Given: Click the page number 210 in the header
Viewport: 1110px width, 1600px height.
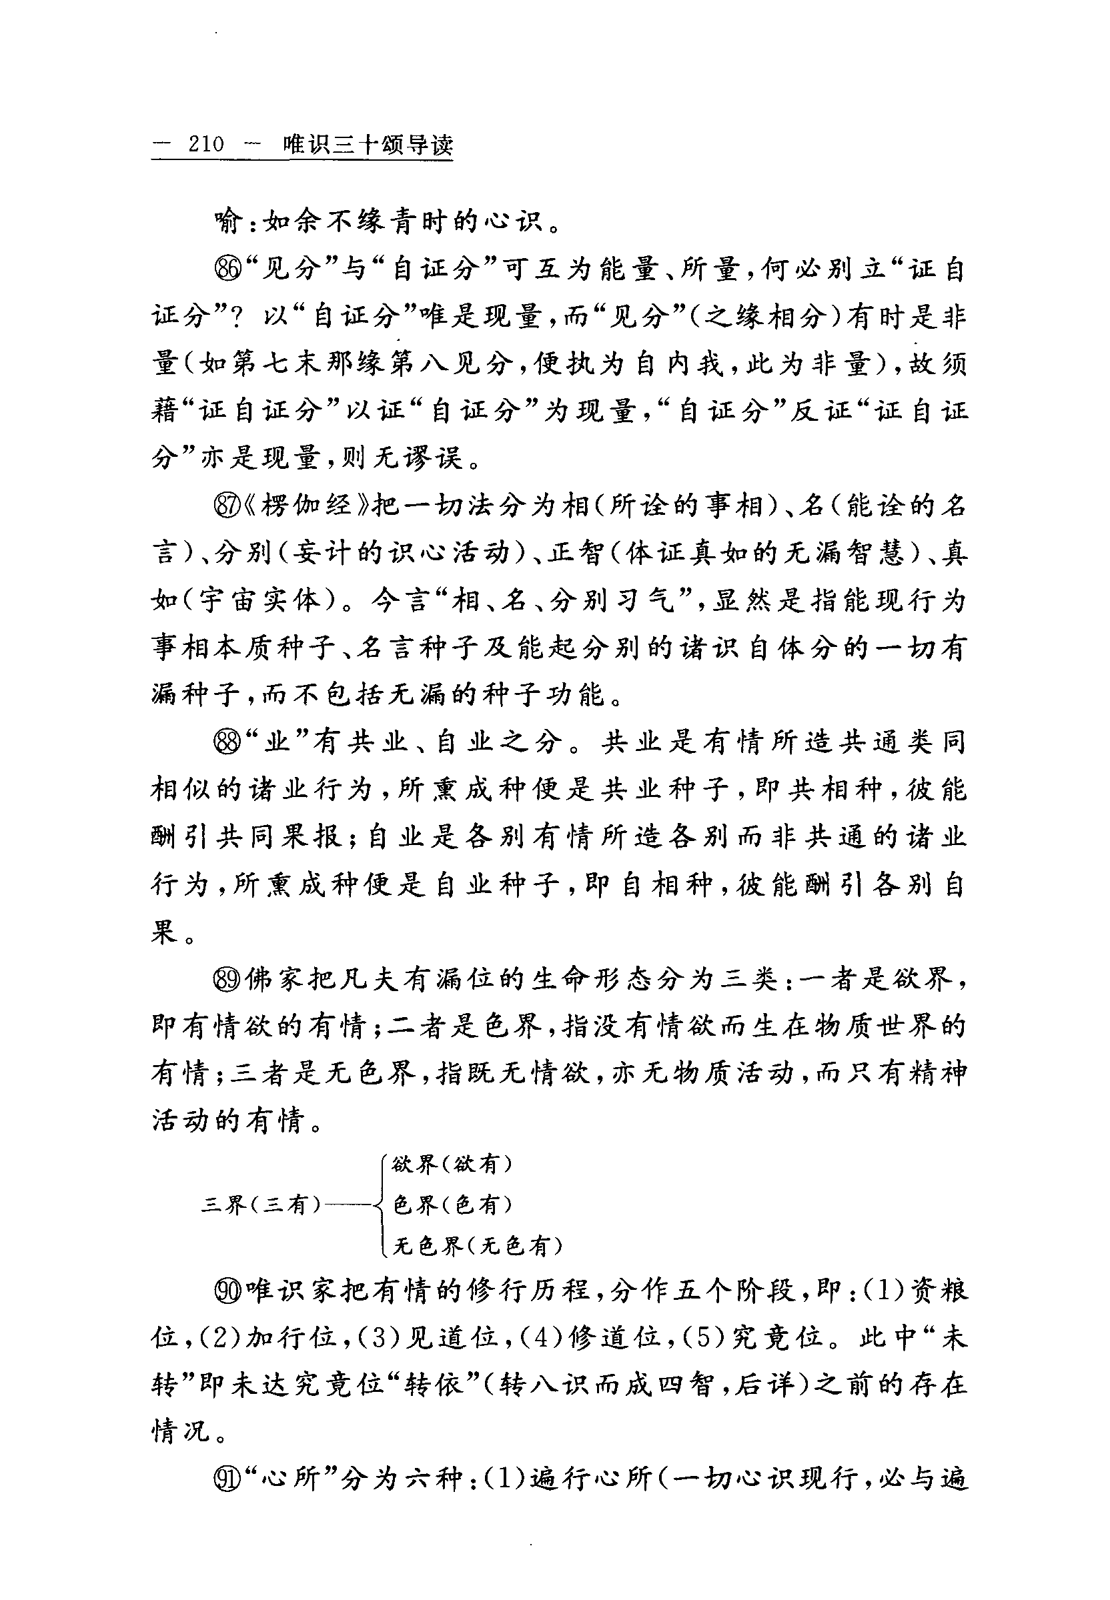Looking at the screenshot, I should (206, 145).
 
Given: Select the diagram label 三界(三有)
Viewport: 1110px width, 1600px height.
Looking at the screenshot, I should (261, 1205).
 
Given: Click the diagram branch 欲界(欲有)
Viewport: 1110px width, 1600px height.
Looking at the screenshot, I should (453, 1164).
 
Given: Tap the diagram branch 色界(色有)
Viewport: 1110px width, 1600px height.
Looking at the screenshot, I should (453, 1205).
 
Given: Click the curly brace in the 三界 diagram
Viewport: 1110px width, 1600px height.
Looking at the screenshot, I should (380, 1205).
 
